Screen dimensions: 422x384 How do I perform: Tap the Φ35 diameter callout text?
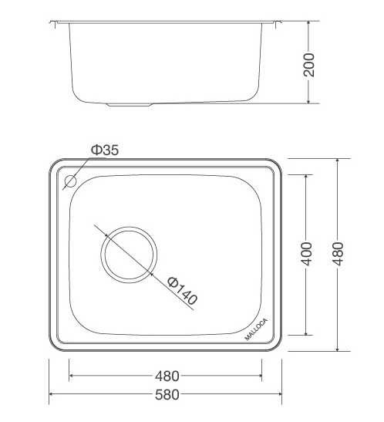click(x=103, y=150)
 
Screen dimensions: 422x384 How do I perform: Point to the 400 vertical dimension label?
click(x=306, y=254)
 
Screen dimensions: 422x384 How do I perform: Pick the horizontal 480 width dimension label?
click(x=167, y=377)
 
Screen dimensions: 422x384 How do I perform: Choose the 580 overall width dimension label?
click(x=167, y=396)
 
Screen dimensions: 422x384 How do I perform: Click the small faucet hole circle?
click(x=70, y=183)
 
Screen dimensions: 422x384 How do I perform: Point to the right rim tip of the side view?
click(x=277, y=22)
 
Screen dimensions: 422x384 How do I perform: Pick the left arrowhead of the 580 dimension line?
click(x=52, y=396)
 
